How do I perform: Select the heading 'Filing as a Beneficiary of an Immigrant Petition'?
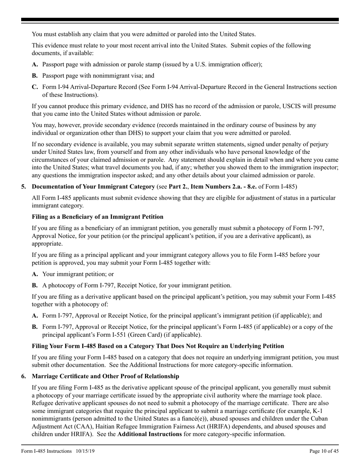pos(97,217)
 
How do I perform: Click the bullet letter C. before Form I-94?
pos(35,87)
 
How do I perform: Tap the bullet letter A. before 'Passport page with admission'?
pos(35,64)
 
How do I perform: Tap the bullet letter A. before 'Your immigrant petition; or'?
pos(35,274)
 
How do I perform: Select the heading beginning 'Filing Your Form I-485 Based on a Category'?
pos(158,346)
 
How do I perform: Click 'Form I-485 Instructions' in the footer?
pos(47,451)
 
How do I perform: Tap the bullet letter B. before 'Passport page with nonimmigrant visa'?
pos(35,76)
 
